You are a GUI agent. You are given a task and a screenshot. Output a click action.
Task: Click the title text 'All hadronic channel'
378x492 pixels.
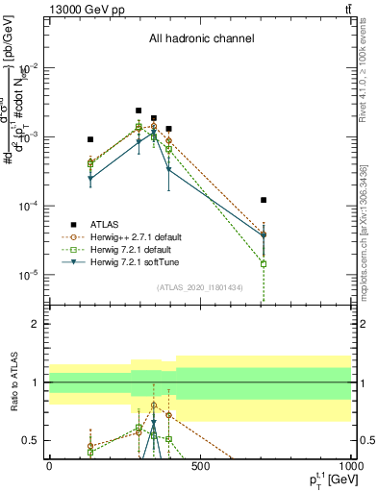click(201, 39)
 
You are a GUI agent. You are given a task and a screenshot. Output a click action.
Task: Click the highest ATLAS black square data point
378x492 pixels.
click(139, 111)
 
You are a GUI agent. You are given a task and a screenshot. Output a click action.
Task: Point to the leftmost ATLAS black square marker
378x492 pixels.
click(90, 139)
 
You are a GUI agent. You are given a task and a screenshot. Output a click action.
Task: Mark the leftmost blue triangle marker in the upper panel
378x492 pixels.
click(90, 179)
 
